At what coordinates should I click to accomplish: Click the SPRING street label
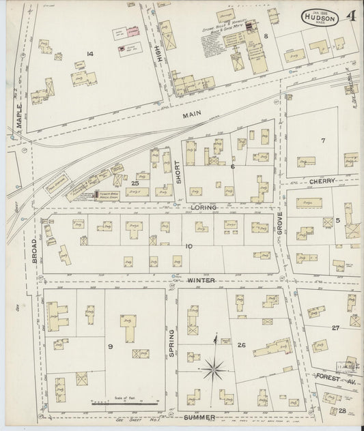(171, 342)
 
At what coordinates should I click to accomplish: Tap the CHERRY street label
(320, 181)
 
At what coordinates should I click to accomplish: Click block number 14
(89, 53)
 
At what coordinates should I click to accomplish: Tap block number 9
(109, 346)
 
